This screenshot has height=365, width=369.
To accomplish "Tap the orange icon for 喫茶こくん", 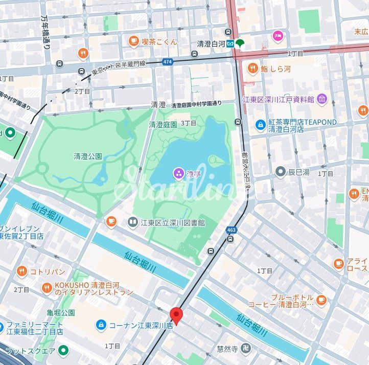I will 134,41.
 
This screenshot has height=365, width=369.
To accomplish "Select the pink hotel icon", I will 277,35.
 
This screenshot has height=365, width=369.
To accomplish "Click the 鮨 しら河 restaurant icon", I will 253,68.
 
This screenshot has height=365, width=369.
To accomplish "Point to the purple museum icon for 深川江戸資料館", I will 321,98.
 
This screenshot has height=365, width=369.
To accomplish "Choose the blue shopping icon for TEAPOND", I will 261,123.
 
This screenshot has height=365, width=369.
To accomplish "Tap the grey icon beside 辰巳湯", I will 280,172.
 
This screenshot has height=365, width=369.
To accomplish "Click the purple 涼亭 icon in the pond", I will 179,174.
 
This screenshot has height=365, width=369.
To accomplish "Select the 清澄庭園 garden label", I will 163,124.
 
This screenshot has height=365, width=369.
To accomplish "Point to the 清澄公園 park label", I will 87,156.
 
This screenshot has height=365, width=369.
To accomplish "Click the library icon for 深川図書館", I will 133,222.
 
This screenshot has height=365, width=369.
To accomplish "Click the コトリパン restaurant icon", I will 21,271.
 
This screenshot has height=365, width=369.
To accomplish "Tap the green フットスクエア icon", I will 63,350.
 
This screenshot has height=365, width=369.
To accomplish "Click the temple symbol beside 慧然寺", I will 247,349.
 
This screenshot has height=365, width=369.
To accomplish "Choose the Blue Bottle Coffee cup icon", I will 321,300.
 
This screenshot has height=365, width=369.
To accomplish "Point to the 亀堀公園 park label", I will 61,312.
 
